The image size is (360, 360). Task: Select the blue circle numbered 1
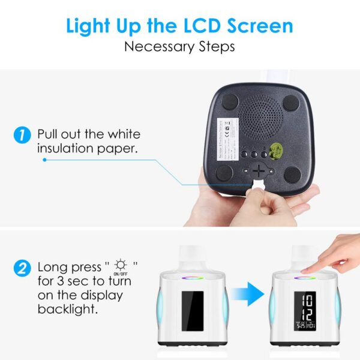click(x=22, y=134)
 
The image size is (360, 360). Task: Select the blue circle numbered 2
click(x=22, y=268)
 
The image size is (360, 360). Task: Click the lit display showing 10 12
click(x=304, y=311)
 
